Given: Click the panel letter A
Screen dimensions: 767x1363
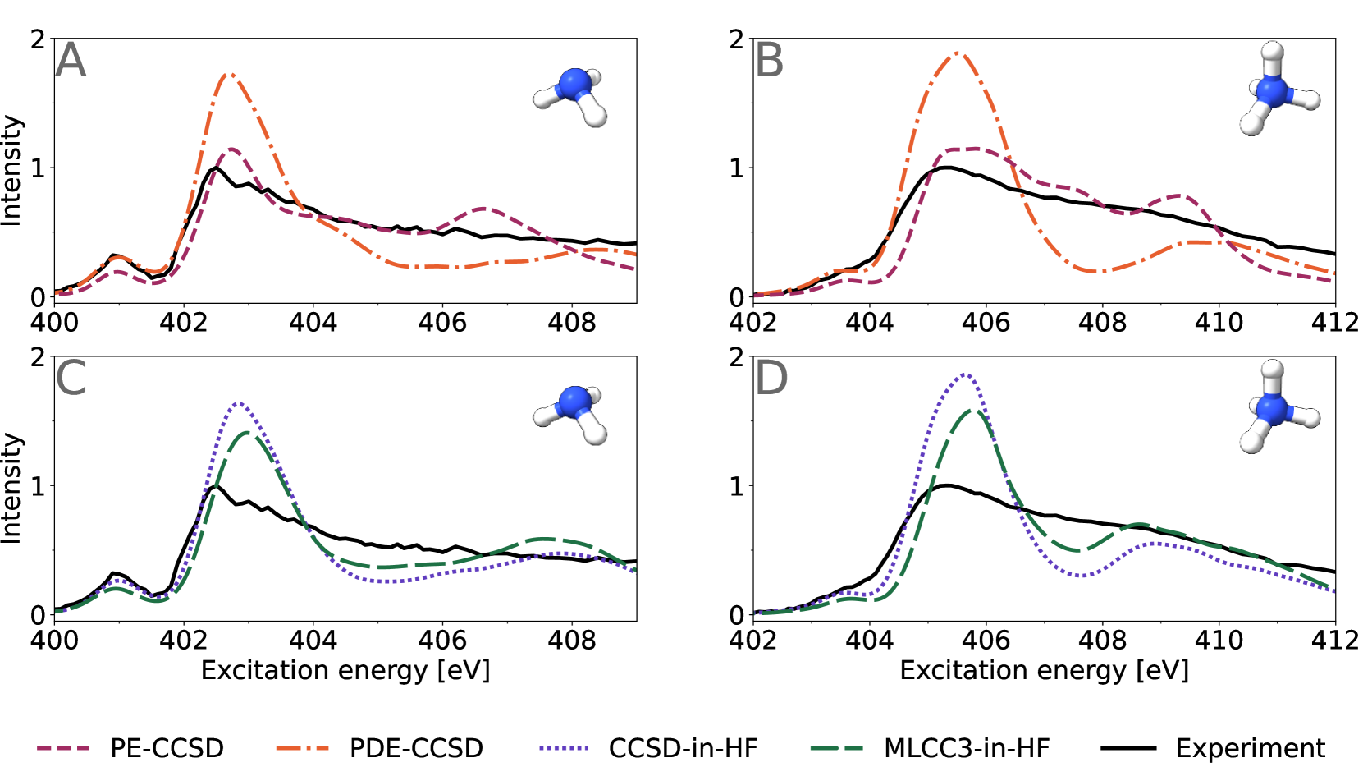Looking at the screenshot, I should (x=71, y=61).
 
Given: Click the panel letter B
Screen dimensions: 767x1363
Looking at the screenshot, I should (x=769, y=61).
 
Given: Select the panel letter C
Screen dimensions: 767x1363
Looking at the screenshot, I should (x=71, y=379).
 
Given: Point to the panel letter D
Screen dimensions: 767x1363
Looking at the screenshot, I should (x=771, y=379).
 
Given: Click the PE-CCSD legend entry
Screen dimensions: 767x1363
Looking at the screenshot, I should (x=130, y=748).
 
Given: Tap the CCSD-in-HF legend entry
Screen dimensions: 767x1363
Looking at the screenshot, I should (x=648, y=748).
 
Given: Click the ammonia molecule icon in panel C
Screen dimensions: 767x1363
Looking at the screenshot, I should (x=572, y=414).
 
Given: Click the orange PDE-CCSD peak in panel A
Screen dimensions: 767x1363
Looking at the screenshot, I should (x=229, y=75).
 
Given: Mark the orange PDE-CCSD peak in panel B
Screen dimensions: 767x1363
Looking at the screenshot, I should (x=958, y=54).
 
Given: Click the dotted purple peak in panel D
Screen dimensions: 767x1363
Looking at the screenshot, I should (x=966, y=374).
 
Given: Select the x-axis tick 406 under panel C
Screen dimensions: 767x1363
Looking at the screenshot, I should (x=442, y=640).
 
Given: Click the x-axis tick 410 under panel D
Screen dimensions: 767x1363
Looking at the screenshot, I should (x=1219, y=640).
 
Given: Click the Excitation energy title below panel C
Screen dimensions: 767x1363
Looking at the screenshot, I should (x=345, y=671).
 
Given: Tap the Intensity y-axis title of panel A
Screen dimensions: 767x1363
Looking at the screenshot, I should (x=11, y=169).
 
